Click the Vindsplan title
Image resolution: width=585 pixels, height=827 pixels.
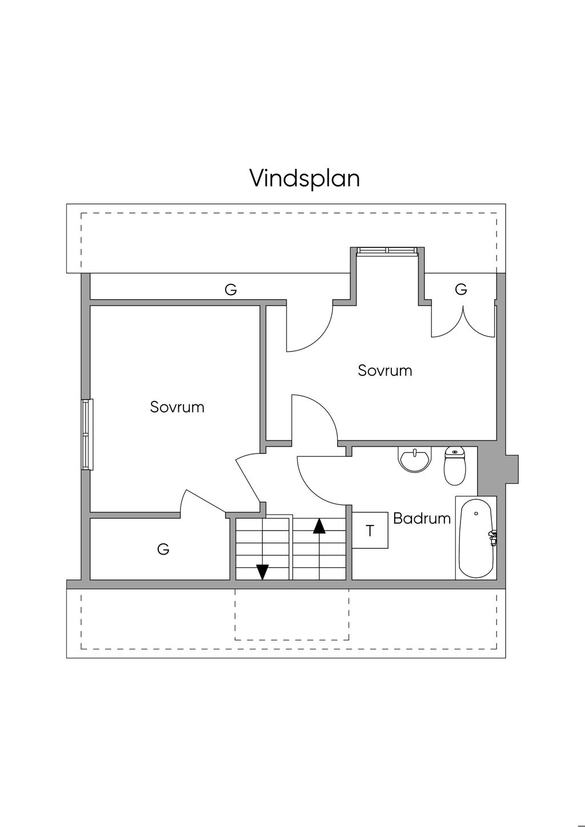[304, 178]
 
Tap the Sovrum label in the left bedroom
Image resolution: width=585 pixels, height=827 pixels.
[177, 407]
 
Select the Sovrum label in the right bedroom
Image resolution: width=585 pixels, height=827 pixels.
[384, 370]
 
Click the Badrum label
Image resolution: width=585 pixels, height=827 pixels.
[422, 519]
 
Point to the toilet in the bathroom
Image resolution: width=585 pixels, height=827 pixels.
[455, 466]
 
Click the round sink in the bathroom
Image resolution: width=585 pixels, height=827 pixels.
[414, 460]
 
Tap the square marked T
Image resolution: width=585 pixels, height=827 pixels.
[370, 531]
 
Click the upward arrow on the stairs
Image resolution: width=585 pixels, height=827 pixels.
[319, 525]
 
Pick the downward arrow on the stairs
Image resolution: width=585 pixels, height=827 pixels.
[262, 571]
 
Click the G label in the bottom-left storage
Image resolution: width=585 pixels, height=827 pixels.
[163, 549]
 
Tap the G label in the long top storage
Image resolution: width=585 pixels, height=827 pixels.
[230, 290]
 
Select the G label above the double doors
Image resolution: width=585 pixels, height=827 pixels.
[461, 290]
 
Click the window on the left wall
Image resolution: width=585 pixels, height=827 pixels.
[87, 434]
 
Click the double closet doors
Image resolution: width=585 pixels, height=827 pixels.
[463, 323]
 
